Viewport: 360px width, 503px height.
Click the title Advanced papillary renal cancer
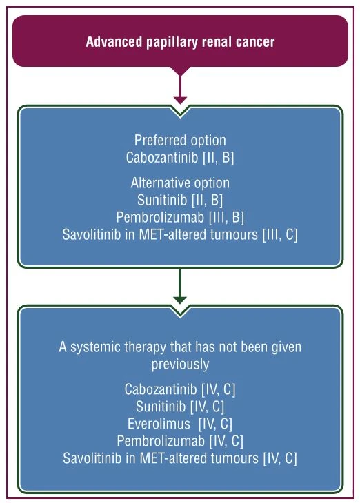pos(180,42)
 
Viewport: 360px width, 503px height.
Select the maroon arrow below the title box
pos(180,88)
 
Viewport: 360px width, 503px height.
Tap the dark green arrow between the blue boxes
pos(180,286)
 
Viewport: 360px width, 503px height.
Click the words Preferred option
pos(180,141)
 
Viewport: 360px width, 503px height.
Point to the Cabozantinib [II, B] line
pos(180,158)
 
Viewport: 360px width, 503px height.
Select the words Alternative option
pos(180,183)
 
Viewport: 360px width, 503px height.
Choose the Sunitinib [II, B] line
pos(180,201)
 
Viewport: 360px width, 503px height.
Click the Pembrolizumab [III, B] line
pos(180,217)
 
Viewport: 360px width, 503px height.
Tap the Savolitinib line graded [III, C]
pos(180,234)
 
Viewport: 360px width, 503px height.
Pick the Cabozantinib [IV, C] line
pos(180,389)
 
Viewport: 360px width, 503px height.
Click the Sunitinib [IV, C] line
pos(180,407)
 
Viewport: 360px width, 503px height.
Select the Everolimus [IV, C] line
pos(180,424)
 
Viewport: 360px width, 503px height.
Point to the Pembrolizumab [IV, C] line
pos(180,441)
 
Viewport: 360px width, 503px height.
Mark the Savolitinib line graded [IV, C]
pos(180,458)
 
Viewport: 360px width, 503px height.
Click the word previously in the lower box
pos(180,365)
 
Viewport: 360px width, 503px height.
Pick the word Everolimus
pos(159,424)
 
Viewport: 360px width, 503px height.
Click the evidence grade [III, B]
pos(226,217)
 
